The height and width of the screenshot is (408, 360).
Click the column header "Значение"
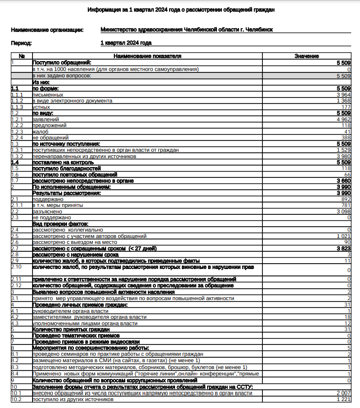[306, 57]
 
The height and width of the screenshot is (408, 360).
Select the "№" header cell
[21, 57]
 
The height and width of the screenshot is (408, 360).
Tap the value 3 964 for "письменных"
[343, 94]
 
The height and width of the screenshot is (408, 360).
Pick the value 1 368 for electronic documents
[343, 101]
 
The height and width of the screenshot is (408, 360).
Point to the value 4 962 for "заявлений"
[343, 119]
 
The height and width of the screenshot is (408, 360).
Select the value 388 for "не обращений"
[345, 138]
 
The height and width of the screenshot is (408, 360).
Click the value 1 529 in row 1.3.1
[343, 150]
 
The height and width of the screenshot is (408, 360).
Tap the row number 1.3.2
[17, 156]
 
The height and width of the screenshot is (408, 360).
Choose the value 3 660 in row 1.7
[343, 181]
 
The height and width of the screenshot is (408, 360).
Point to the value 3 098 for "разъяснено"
[343, 211]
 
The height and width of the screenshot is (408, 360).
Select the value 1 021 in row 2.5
[343, 236]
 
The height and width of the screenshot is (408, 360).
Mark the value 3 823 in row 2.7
[343, 248]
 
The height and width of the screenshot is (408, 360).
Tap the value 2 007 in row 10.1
[343, 393]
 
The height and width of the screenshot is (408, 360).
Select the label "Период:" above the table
[21, 43]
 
